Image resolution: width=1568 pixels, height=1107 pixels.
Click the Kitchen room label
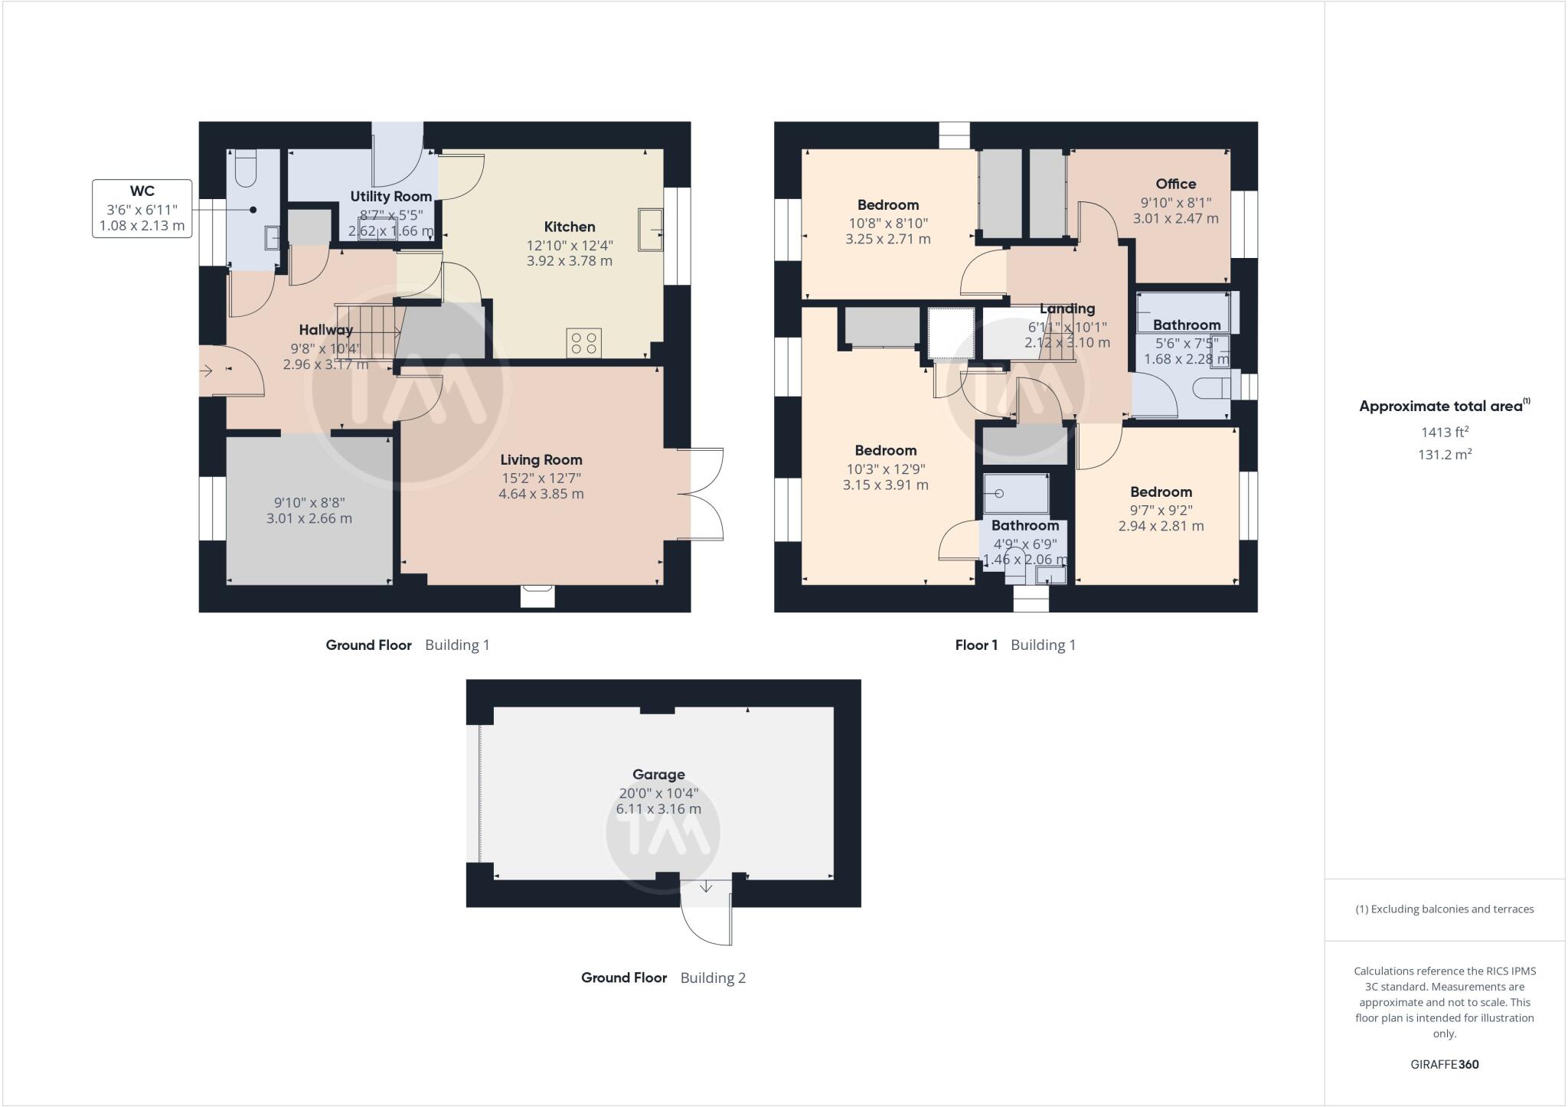pyautogui.click(x=570, y=227)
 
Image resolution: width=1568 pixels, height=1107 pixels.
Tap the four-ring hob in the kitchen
pyautogui.click(x=583, y=342)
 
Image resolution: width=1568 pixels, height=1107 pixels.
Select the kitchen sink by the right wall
pyautogui.click(x=652, y=228)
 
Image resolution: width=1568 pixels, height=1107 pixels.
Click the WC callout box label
pyautogui.click(x=142, y=191)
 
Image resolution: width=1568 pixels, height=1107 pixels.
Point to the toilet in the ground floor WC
pyautogui.click(x=246, y=169)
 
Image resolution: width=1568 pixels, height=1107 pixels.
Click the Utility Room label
pyautogui.click(x=391, y=196)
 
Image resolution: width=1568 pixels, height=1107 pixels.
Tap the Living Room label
pyautogui.click(x=541, y=459)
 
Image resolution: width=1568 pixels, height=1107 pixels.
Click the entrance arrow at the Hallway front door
pyautogui.click(x=206, y=371)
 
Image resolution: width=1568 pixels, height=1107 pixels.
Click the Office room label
pyautogui.click(x=1176, y=184)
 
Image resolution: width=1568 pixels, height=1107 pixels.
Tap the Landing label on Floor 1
pyautogui.click(x=1067, y=309)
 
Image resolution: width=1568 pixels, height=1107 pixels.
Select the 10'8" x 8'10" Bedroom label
pyautogui.click(x=888, y=204)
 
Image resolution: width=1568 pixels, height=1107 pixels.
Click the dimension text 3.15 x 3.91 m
pyautogui.click(x=886, y=485)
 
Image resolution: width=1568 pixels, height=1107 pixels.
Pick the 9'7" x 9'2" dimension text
pyautogui.click(x=1161, y=509)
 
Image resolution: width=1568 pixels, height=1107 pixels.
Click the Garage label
pyautogui.click(x=658, y=774)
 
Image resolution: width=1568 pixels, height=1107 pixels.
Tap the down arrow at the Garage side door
pyautogui.click(x=706, y=887)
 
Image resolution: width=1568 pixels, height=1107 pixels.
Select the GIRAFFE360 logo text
pyautogui.click(x=1445, y=1064)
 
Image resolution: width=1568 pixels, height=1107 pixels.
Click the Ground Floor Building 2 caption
pyautogui.click(x=663, y=978)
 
